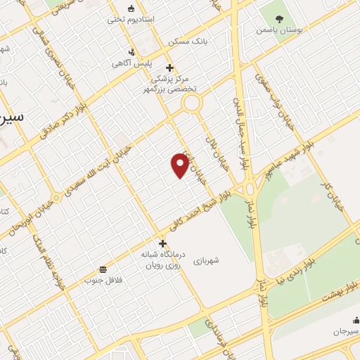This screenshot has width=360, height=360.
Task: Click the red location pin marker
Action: (180, 166)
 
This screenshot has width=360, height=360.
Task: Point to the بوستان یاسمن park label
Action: (279, 31)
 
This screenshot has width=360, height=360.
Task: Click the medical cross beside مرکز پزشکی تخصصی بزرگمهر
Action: (170, 69)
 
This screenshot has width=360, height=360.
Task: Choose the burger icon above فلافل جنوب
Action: (103, 269)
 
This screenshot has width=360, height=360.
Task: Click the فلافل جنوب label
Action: (103, 281)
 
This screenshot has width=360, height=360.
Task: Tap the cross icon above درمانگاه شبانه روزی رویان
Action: (162, 243)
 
